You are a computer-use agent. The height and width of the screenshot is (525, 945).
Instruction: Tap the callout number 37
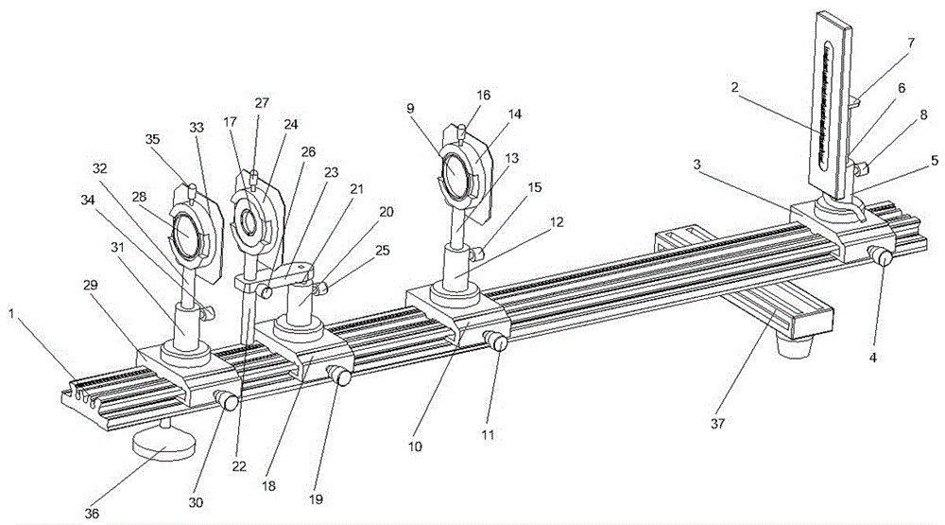pos(717,424)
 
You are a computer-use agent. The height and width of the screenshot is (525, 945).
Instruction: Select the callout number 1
pos(10,313)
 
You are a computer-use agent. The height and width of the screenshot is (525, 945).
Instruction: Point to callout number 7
pos(911,43)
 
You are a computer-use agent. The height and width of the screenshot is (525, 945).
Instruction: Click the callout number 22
pos(239,465)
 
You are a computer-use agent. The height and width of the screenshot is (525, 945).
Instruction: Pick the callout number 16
pos(483,95)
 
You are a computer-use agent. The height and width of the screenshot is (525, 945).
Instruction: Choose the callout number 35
pos(152,139)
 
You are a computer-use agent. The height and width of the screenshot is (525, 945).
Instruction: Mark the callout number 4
pos(872,358)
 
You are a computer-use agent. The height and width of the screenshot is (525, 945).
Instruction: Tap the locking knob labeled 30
pos(227,400)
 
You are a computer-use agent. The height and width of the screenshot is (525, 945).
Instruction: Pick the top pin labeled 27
pos(254,178)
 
